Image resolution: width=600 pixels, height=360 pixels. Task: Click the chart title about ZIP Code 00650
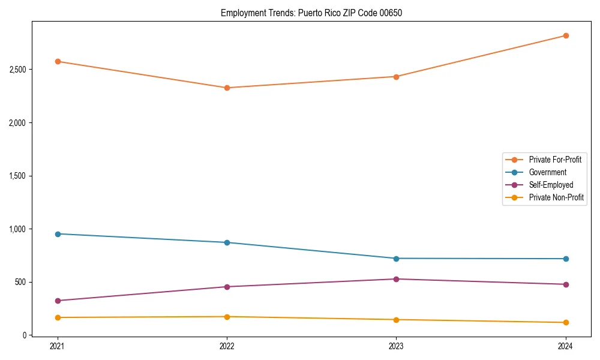pos(311,13)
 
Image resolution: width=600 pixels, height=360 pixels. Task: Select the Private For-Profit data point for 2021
pos(58,61)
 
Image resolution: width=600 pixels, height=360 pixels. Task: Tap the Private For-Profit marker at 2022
pos(227,88)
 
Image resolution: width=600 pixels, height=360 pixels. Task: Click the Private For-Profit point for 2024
pos(566,35)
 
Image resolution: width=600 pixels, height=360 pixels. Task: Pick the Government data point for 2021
pos(58,234)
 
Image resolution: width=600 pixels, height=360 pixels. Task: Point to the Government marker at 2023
pos(396,259)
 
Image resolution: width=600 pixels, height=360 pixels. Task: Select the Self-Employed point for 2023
pos(396,279)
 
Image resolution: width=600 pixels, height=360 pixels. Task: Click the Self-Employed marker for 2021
pos(58,301)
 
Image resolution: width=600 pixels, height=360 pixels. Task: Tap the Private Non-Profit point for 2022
pos(227,317)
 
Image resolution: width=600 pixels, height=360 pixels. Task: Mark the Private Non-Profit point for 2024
pos(566,323)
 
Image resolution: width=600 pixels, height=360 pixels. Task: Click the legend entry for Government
pos(547,172)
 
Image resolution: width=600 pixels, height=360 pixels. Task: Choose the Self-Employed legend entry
pos(551,185)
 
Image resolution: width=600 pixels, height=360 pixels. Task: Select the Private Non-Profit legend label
pos(556,197)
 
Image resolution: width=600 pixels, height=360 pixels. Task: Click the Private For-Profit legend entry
pos(555,160)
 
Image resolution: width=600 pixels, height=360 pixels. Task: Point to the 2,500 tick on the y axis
pos(17,70)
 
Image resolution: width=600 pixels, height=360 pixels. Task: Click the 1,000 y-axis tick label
pos(17,229)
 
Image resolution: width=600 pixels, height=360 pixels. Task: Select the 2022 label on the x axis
pos(227,346)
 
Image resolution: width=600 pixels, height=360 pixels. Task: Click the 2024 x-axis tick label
pos(566,346)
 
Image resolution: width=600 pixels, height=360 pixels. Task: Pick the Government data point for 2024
pos(566,259)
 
